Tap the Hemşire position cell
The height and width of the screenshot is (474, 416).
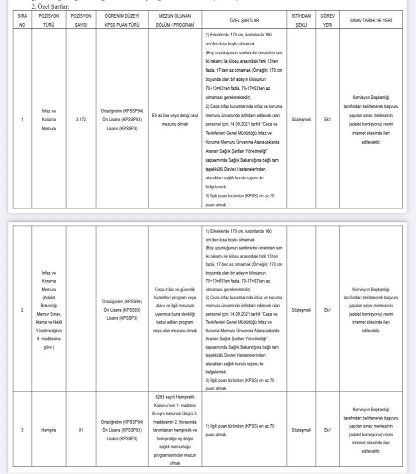(49, 430)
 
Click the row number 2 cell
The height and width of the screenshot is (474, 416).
(22, 310)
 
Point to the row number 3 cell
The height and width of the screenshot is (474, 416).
(22, 430)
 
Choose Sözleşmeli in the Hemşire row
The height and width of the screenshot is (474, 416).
(301, 430)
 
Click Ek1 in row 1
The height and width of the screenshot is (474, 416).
(327, 120)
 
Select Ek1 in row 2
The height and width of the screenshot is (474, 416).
(327, 310)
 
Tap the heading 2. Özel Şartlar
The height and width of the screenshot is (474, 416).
(50, 7)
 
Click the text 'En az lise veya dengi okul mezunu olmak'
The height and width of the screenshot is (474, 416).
(174, 120)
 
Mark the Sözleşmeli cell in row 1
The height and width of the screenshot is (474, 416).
(301, 120)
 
